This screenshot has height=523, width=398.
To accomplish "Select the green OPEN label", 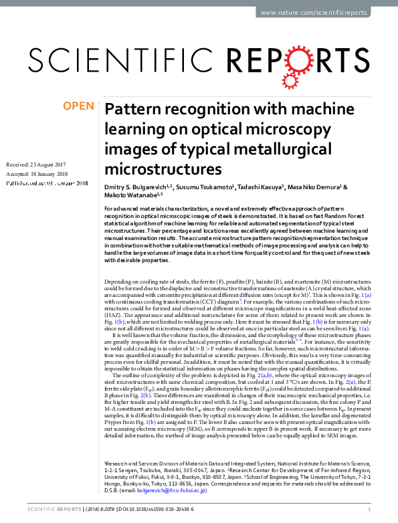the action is tap(79, 106).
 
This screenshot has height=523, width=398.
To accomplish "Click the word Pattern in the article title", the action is tap(132, 109).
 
